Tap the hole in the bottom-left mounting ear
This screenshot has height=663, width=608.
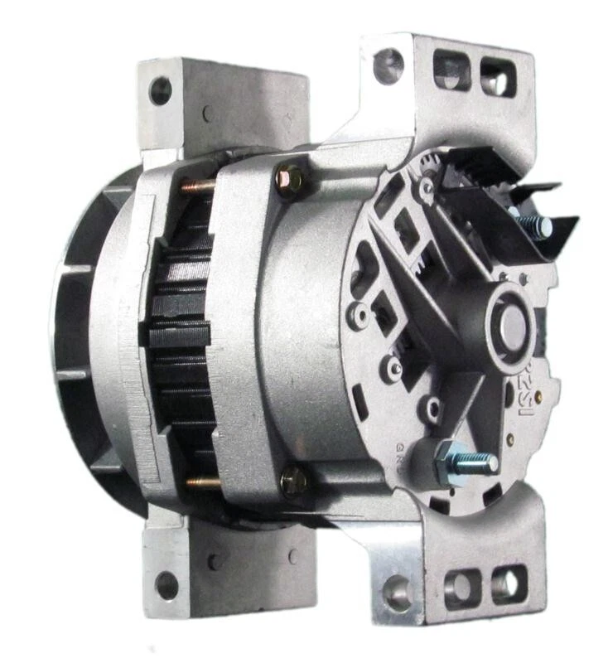click(166, 584)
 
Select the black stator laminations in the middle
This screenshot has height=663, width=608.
click(180, 331)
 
